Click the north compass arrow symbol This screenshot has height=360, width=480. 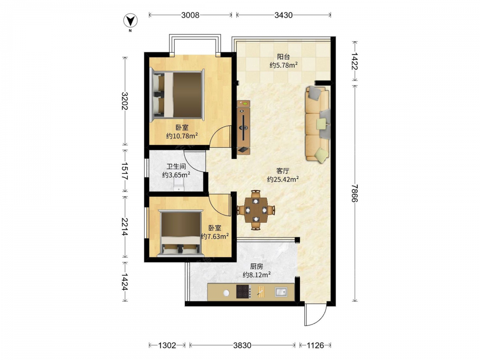(131, 21)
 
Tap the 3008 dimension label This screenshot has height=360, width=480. (190, 15)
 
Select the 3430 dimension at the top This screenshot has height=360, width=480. (283, 15)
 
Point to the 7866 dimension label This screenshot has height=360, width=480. (355, 193)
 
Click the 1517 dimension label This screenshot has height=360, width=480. (124, 171)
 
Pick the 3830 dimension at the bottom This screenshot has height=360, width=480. (242, 345)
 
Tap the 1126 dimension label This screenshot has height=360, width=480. (315, 345)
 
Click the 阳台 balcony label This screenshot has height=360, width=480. (284, 57)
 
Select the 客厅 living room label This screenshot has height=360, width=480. (283, 171)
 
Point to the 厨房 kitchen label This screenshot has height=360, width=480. (256, 266)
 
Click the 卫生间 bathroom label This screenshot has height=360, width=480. (176, 167)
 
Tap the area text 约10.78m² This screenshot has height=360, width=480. (182, 136)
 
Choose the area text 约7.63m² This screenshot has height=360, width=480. (215, 236)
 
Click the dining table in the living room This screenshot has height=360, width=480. (256, 210)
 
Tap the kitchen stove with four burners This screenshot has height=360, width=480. (244, 291)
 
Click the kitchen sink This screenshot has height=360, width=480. (281, 292)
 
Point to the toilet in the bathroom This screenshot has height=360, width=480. (179, 185)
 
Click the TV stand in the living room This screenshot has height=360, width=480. (244, 127)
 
